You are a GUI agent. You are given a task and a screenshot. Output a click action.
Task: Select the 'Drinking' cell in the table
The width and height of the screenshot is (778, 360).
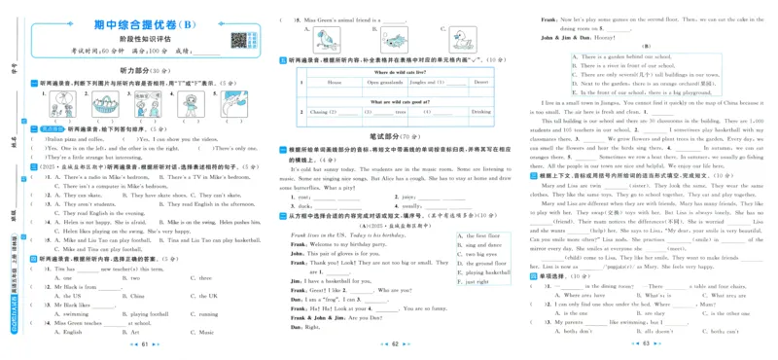pyautogui.click(x=481, y=112)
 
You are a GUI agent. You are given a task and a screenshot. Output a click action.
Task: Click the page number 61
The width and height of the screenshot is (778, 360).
pyautogui.click(x=144, y=345)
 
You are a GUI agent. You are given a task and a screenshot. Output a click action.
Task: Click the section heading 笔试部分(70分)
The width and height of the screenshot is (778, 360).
pyautogui.click(x=395, y=137)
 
